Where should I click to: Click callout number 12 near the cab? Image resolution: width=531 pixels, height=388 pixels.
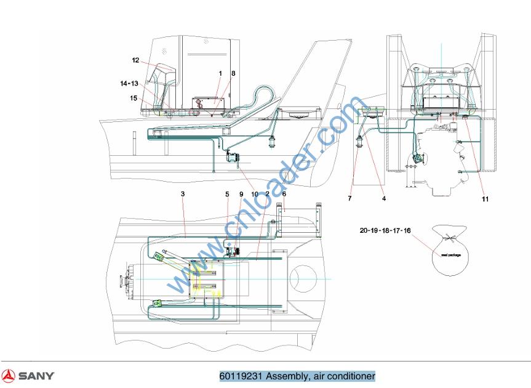(135, 60)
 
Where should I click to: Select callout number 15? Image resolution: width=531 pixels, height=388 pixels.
(133, 97)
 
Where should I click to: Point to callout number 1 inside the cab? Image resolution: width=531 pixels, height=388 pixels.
(220, 73)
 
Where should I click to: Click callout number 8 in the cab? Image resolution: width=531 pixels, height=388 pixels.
(233, 73)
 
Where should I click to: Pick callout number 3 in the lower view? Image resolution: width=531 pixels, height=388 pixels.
(183, 194)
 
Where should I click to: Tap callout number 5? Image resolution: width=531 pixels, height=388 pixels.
(227, 194)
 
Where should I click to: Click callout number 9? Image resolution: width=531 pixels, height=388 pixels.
(241, 194)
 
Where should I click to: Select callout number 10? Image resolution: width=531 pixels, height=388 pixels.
(254, 194)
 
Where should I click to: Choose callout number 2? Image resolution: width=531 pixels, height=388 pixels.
(268, 194)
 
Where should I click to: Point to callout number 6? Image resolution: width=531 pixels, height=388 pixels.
(284, 194)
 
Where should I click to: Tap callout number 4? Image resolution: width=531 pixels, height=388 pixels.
(383, 199)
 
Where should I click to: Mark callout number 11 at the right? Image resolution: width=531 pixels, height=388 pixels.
(485, 199)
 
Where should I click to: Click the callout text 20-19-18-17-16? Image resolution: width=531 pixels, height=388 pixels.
(385, 230)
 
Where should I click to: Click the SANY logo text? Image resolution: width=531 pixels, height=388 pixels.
(36, 376)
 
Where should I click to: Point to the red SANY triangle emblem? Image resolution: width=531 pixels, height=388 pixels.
(9, 376)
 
